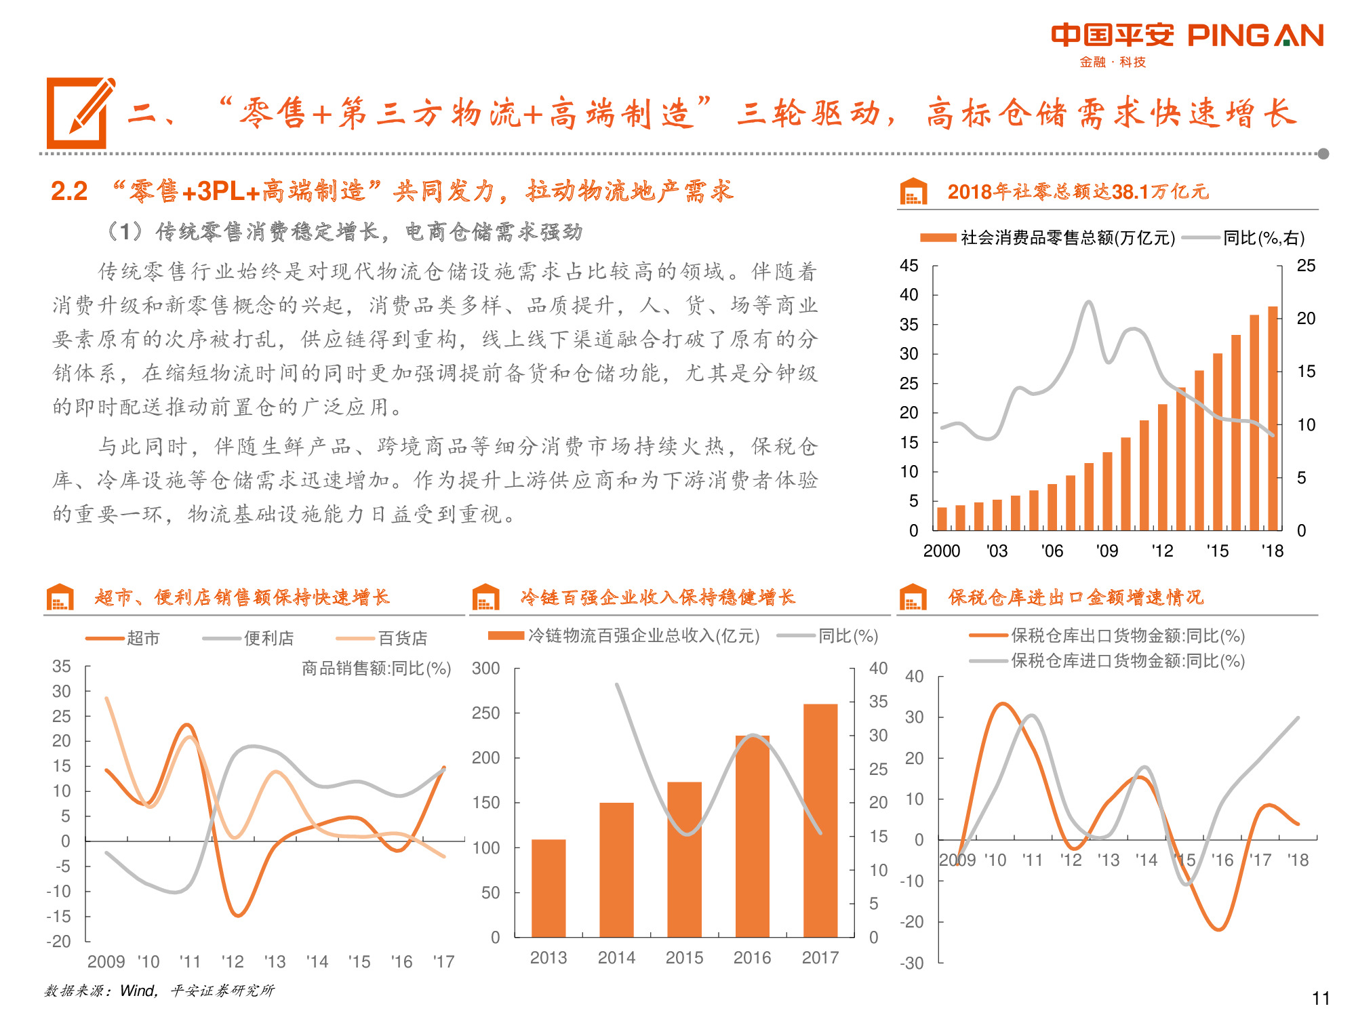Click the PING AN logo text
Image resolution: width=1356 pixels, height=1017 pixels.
point(1254,35)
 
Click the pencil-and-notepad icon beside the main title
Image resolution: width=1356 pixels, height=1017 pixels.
point(80,113)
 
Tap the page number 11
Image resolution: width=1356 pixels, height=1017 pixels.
point(1320,998)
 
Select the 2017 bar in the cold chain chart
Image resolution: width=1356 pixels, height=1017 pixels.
point(820,820)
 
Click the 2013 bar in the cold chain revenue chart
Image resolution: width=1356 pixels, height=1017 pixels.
point(549,888)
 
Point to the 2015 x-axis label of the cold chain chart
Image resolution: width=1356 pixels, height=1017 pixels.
point(684,957)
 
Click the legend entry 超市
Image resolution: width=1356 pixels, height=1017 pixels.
point(142,638)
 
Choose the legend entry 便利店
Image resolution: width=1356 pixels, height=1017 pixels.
point(268,638)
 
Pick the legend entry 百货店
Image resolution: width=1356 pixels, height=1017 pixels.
point(402,638)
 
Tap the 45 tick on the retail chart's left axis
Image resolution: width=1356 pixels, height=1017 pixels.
point(909,266)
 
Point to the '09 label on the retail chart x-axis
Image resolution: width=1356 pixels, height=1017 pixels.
point(1107,551)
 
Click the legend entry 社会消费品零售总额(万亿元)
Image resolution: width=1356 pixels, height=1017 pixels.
point(1067,237)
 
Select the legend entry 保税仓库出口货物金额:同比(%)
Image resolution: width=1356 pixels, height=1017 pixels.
point(1128,635)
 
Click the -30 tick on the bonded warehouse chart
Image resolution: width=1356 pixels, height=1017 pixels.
point(913,963)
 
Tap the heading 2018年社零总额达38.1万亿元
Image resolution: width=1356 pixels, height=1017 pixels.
point(1077,192)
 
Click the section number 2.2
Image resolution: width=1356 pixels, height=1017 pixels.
point(69,191)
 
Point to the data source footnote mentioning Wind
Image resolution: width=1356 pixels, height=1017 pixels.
point(159,991)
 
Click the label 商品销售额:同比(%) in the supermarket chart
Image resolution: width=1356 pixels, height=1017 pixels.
point(376,669)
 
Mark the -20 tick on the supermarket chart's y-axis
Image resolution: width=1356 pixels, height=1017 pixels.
point(59,941)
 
